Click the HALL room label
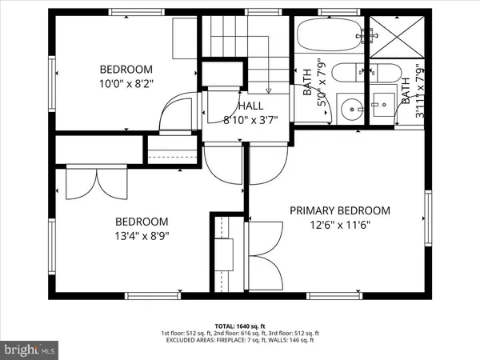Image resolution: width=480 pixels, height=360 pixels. [251, 106]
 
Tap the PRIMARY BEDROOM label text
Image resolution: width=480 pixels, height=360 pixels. [340, 210]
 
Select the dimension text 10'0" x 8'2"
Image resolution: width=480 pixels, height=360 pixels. [126, 82]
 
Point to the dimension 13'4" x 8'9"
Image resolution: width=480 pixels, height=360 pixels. [142, 236]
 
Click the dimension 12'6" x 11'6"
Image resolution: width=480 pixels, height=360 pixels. [340, 225]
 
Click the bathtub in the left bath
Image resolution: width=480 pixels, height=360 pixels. [328, 36]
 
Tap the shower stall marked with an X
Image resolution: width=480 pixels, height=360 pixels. [398, 36]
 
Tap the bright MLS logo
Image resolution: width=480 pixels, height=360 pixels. [30, 349]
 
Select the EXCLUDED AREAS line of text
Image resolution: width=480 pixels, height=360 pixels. [240, 341]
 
